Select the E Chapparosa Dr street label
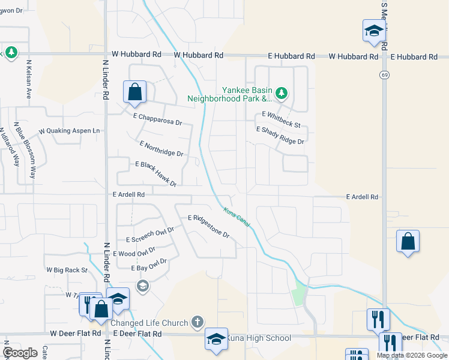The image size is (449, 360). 157,119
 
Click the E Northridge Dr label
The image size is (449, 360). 161,149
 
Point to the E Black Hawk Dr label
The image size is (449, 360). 156,173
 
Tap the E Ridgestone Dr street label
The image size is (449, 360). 209,226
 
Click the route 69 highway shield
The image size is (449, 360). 383,74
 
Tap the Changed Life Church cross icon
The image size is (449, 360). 197,323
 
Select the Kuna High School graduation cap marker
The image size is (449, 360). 216,339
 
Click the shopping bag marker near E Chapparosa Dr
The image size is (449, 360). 135,92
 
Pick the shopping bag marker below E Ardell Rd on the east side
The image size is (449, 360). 408,242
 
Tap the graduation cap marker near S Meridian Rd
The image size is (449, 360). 373,31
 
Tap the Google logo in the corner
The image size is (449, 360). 21,352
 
